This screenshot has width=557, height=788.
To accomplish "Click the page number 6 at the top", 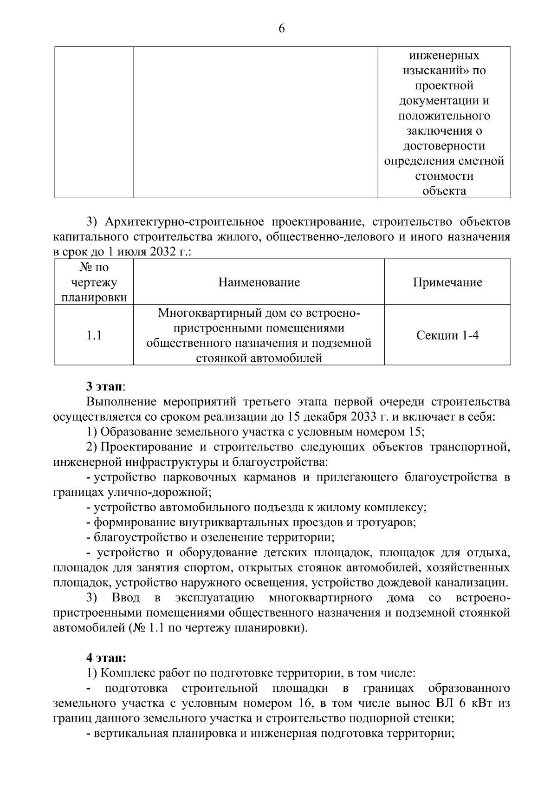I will (x=281, y=29).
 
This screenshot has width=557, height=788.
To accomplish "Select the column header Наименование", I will (x=259, y=282).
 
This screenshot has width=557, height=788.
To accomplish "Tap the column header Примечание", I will (x=447, y=282).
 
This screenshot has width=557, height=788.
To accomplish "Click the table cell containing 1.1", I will (x=94, y=335).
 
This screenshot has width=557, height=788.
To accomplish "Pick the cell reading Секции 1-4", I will (x=447, y=335).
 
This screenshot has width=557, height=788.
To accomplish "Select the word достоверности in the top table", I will (x=444, y=146).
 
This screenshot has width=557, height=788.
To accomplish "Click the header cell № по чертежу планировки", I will (x=94, y=282).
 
